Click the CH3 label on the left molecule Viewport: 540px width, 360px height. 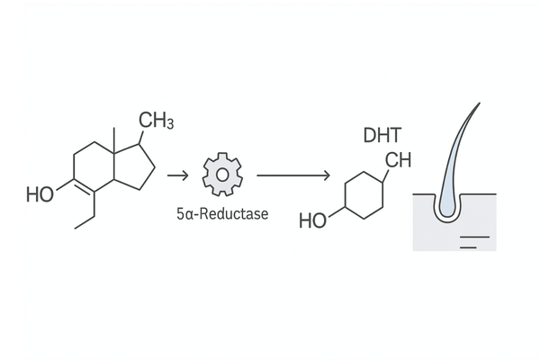(157, 120)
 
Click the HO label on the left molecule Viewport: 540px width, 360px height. (40, 193)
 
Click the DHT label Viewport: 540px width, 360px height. (379, 136)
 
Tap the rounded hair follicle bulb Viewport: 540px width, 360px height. (447, 208)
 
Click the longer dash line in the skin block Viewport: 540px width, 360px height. (475, 235)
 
